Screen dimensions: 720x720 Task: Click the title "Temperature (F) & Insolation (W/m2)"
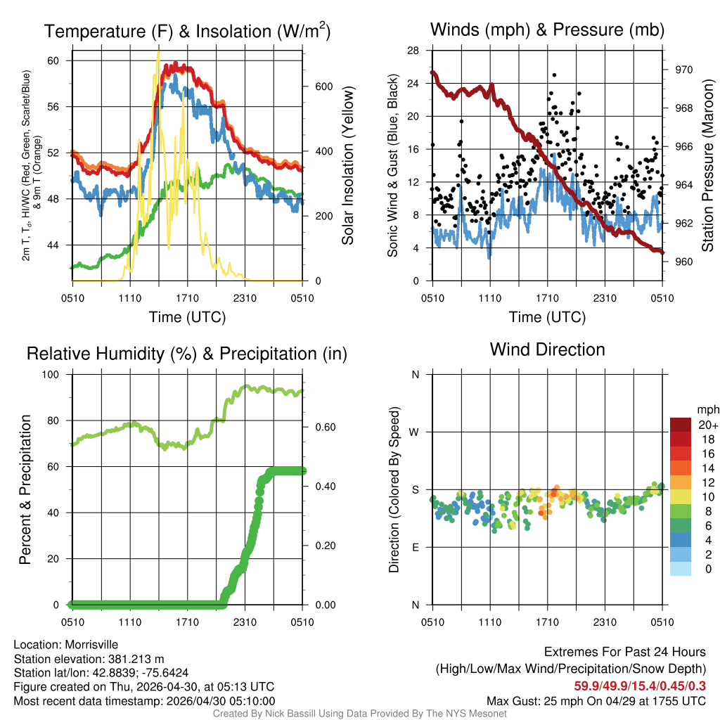(188, 31)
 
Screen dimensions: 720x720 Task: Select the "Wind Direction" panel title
(547, 349)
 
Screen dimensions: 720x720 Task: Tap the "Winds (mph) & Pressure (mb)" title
(547, 30)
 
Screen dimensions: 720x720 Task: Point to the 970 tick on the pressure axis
(684, 70)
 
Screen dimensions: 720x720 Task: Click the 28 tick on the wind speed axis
(413, 51)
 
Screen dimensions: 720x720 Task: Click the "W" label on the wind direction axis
(415, 432)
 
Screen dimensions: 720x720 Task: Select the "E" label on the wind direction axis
(415, 547)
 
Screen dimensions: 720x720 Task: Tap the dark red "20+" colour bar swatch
(681, 425)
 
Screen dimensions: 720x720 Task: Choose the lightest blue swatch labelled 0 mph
(681, 570)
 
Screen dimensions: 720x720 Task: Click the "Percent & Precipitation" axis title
(25, 489)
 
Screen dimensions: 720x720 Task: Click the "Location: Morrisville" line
(66, 645)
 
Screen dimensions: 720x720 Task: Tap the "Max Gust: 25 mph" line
(596, 701)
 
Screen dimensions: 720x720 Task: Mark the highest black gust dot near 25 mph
(554, 75)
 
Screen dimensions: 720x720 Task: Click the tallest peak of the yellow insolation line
(158, 52)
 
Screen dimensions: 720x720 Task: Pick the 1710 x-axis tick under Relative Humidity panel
(187, 622)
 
